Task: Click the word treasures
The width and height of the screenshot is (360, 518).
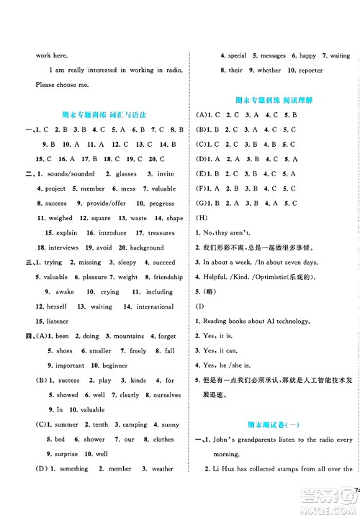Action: point(161,233)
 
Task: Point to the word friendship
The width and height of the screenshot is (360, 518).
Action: point(168,277)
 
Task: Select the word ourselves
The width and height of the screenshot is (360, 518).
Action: point(167,395)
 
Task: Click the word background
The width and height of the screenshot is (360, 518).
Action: point(148,247)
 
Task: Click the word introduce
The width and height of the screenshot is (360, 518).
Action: point(112,233)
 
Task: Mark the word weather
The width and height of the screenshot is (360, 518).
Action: point(163,468)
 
